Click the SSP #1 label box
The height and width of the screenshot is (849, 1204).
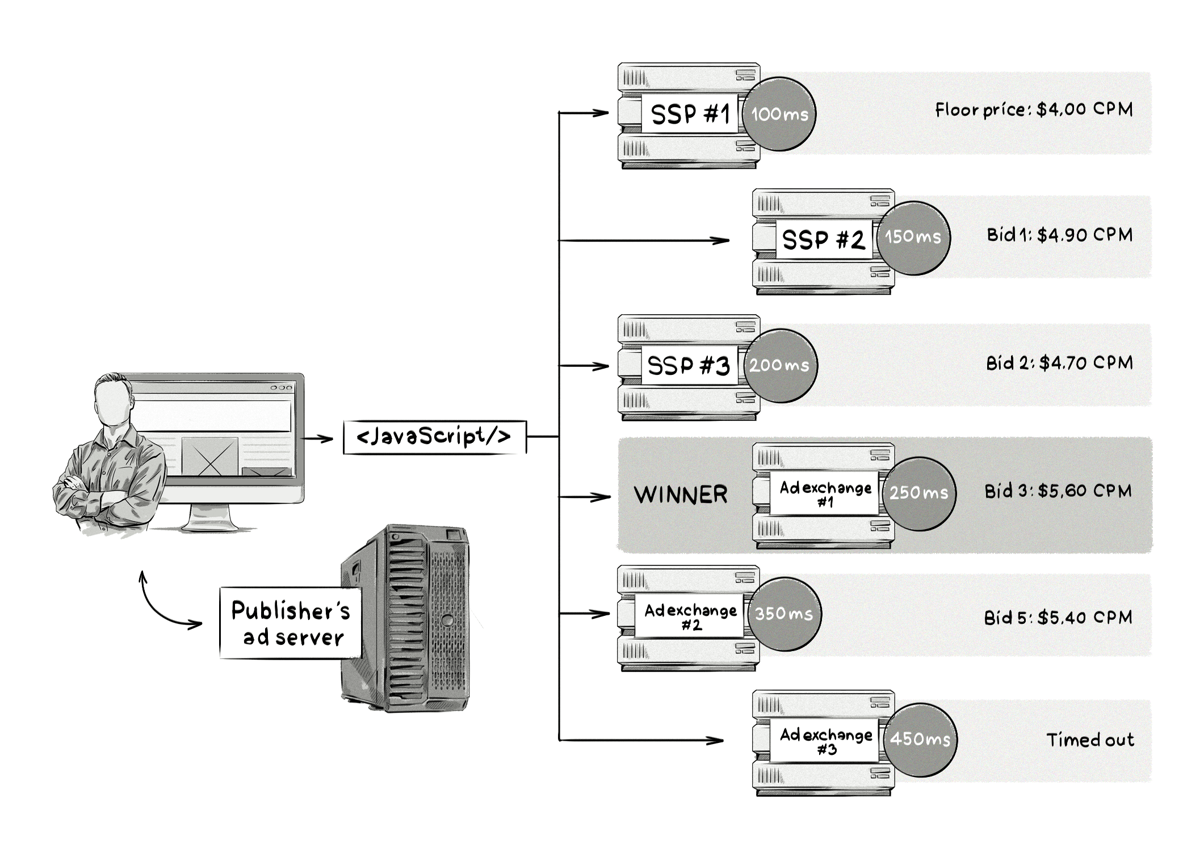point(689,114)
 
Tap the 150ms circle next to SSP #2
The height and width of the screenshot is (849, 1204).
point(913,238)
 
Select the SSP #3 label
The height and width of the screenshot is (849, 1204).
point(688,365)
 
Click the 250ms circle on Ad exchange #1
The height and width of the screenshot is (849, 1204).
point(919,493)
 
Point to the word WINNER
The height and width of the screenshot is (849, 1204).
point(681,495)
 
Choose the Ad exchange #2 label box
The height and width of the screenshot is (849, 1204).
point(690,616)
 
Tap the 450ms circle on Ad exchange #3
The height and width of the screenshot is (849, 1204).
point(920,740)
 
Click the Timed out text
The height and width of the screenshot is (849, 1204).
point(1089,740)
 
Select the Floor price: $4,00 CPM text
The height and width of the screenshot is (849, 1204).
point(1033,109)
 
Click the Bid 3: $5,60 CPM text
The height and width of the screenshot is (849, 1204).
point(1058,491)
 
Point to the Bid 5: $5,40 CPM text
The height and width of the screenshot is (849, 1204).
point(1058,618)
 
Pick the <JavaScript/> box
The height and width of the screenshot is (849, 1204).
point(434,437)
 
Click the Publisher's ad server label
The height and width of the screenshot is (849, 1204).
point(291,623)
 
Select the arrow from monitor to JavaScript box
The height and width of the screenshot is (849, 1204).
point(317,438)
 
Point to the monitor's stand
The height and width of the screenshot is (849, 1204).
point(210,518)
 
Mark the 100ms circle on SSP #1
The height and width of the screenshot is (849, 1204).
point(779,114)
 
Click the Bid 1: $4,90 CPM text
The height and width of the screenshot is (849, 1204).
point(1059,235)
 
